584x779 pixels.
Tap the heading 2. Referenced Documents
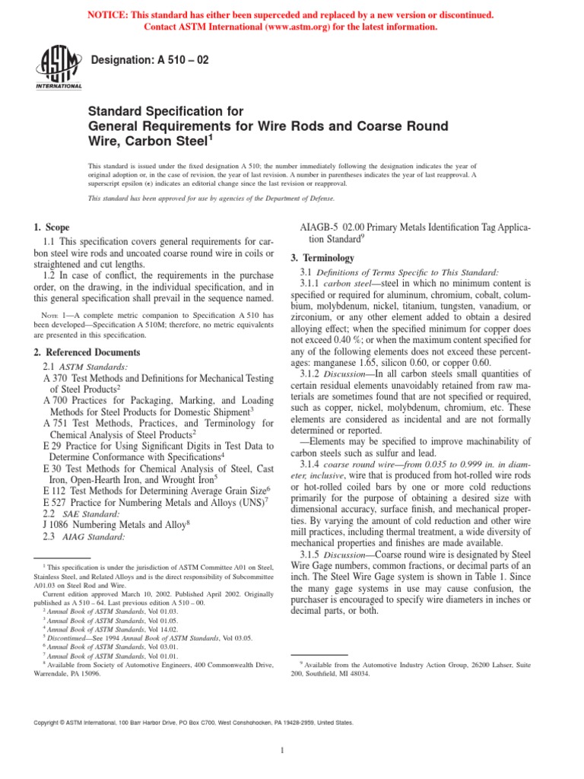coord(87,352)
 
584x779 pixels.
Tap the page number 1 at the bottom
coord(281,751)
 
